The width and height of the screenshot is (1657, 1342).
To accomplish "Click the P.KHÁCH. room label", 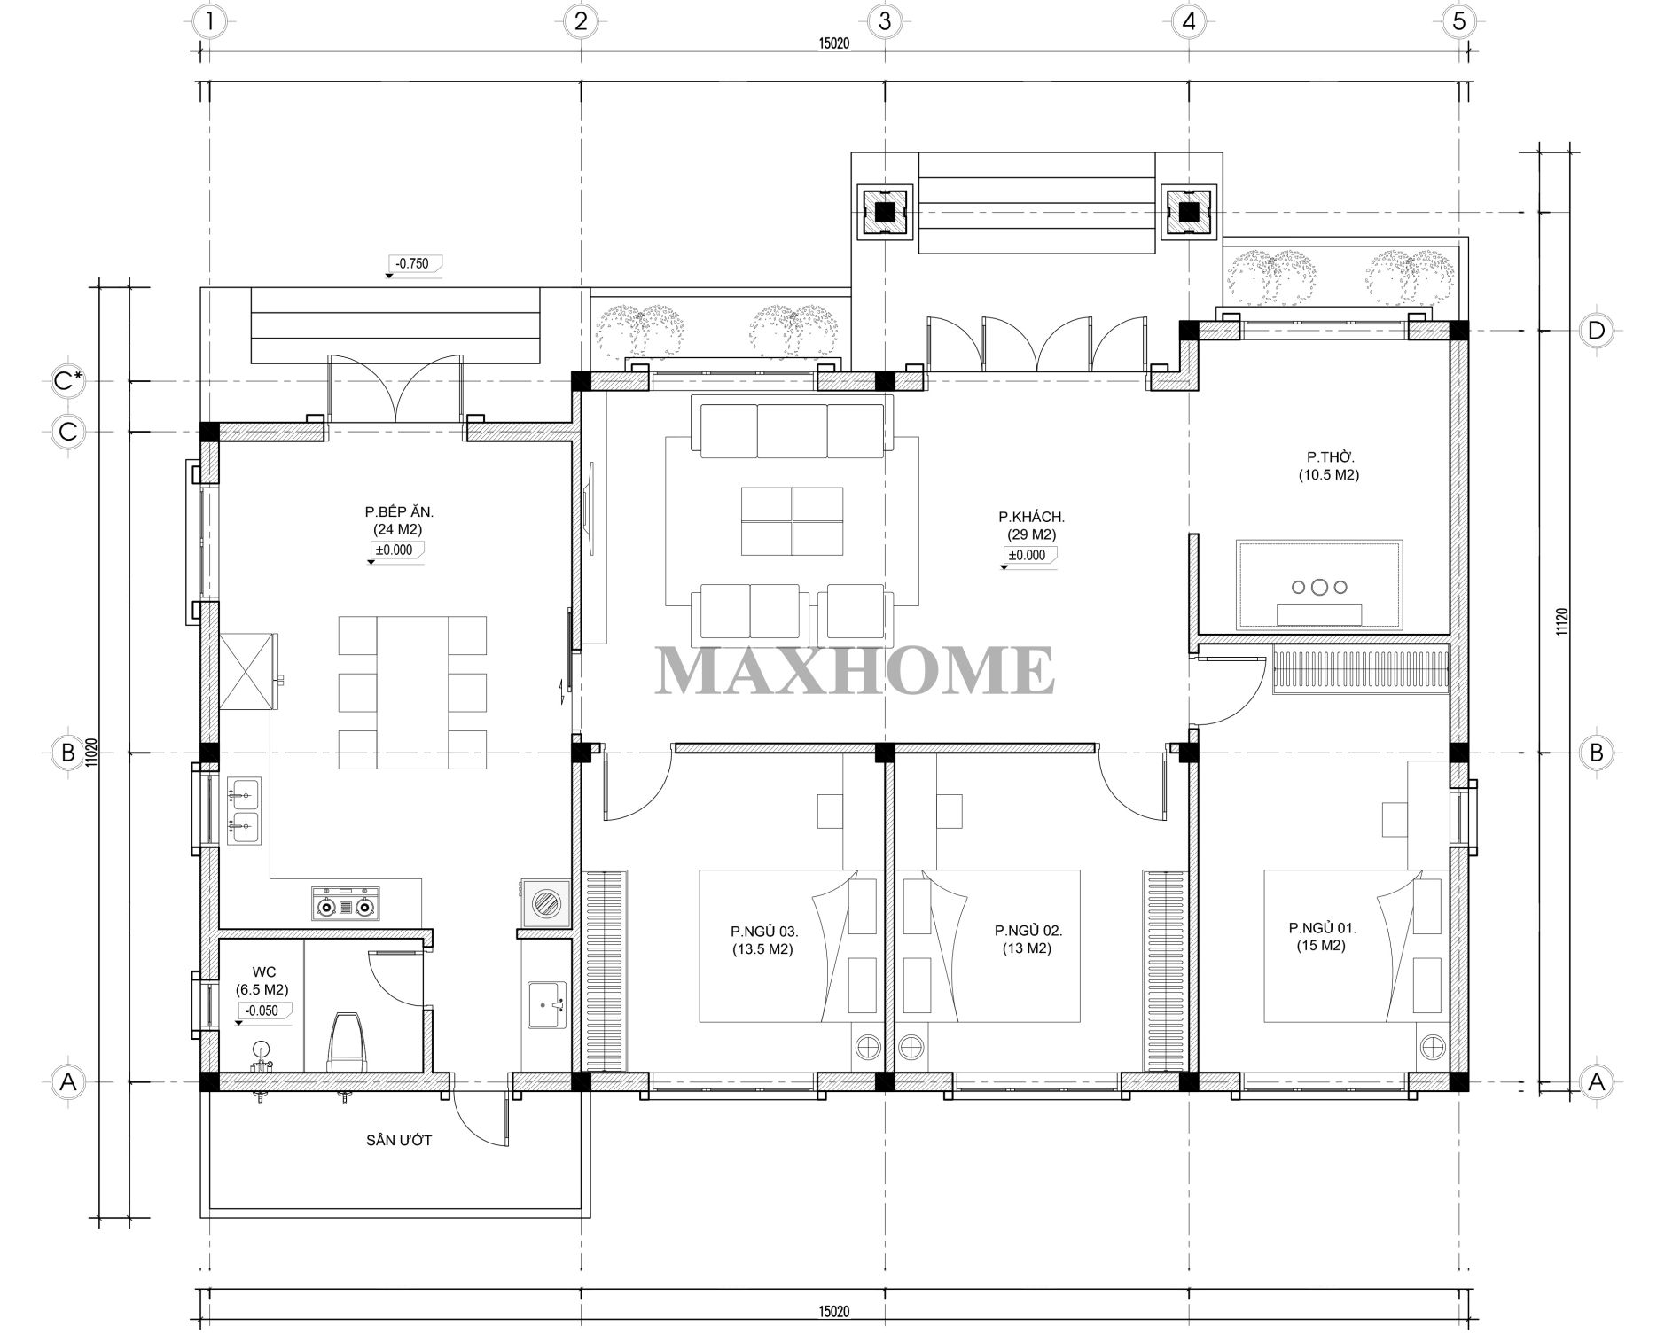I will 1031,517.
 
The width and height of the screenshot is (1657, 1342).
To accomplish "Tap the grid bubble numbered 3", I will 884,21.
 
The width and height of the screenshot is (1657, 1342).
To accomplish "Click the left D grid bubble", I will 1596,331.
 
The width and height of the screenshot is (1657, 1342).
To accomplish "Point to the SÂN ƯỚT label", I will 399,1140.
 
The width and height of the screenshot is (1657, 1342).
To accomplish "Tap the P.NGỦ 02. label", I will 1028,931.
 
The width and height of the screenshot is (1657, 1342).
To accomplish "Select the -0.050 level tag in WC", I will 263,1010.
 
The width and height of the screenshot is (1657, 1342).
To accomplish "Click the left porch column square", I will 884,212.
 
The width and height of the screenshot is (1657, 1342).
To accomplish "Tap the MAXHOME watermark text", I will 855,671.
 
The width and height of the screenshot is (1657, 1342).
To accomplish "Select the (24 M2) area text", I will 397,529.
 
